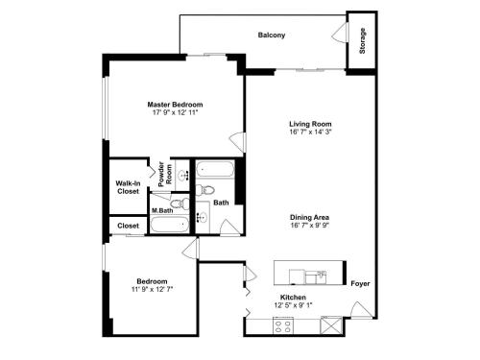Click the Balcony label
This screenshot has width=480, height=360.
point(272,35)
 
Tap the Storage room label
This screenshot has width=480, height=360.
point(362,40)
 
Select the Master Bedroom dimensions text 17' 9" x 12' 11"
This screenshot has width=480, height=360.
point(175,112)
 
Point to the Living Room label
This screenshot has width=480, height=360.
point(310,124)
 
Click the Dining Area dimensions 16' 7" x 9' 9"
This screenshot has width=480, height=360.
point(310,225)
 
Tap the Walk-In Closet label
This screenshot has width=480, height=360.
point(128,187)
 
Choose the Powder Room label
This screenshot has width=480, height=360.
point(165,174)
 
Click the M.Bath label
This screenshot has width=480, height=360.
point(162,210)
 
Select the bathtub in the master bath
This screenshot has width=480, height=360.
point(169,225)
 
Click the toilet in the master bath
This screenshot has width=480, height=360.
point(180,204)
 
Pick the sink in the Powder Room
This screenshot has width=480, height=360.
point(183,175)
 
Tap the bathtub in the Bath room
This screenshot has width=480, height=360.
point(215,169)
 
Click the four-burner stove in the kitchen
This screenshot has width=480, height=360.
point(283,326)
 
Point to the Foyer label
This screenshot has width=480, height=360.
point(360,283)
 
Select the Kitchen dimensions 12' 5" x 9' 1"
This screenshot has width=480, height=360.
point(293,305)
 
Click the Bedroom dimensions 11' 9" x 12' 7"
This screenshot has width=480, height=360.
point(152,289)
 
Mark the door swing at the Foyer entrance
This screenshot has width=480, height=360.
point(361,309)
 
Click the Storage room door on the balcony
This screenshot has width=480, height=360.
point(340,32)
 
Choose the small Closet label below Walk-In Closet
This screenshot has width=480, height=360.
point(128,226)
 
